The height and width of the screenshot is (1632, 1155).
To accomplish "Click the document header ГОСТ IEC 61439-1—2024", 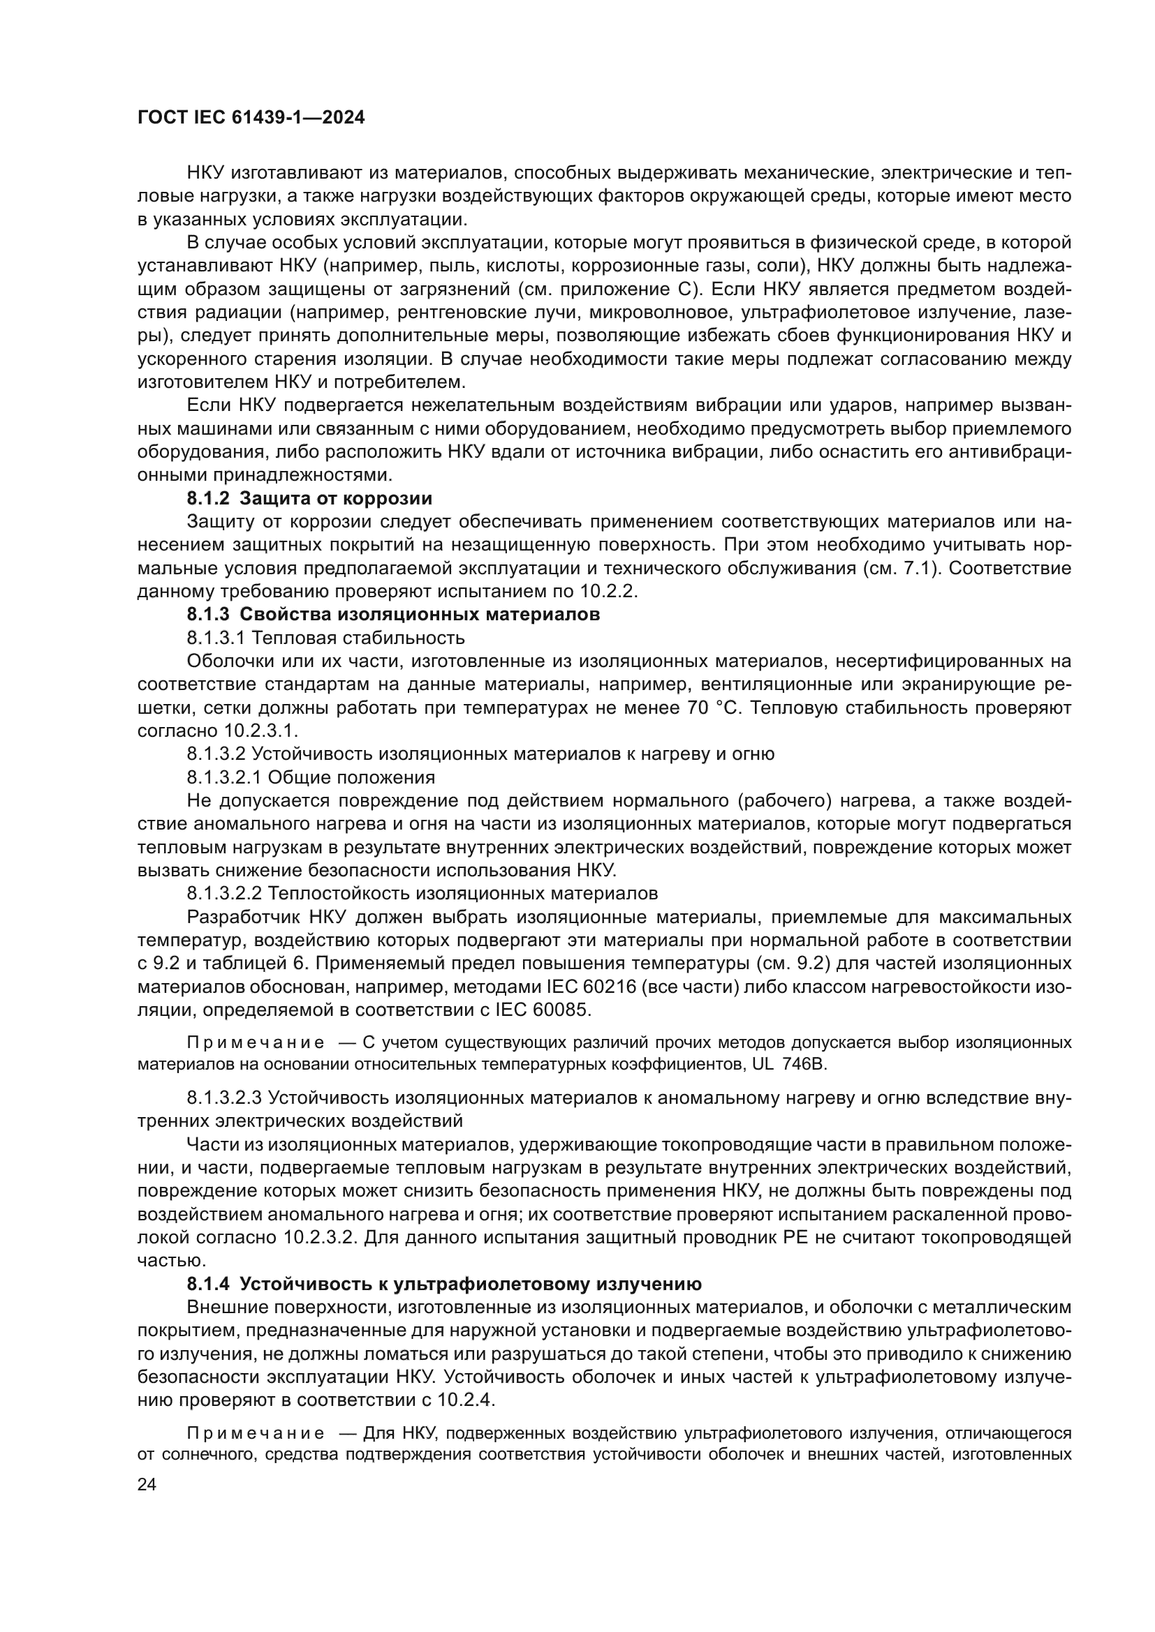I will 251,118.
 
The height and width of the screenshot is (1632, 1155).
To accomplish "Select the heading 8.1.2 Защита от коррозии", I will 309,498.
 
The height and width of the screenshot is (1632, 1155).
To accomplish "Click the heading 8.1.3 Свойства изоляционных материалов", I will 392,614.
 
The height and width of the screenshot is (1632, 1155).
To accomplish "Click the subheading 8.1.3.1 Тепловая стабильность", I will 325,638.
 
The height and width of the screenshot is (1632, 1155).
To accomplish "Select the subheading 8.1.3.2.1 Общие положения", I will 311,777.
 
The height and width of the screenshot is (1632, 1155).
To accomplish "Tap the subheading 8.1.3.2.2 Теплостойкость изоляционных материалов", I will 422,893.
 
